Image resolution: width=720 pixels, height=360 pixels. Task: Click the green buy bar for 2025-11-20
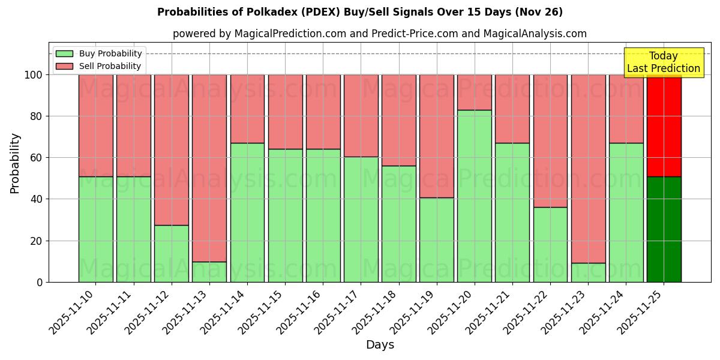[474, 196]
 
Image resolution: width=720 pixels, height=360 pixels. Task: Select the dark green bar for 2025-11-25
[664, 229]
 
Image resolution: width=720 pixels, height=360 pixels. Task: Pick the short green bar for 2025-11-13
[209, 272]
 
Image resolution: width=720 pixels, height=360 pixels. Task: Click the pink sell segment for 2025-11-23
[588, 169]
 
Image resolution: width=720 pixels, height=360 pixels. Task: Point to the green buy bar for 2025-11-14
[247, 212]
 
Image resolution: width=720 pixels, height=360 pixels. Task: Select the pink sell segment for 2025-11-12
[172, 150]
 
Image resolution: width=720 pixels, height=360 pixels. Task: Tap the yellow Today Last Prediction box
[663, 62]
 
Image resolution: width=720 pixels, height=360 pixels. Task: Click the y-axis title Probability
[15, 163]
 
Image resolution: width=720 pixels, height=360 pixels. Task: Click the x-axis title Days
[380, 345]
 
